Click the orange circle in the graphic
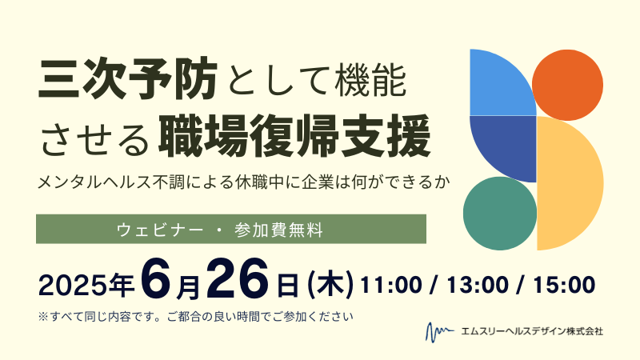point(567,85)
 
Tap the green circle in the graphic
point(500,214)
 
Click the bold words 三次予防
point(128,78)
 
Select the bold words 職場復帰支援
point(294,136)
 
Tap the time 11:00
point(391,285)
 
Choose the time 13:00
point(478,285)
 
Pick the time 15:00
point(564,285)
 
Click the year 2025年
point(86,285)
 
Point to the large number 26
point(238,278)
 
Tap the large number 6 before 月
point(156,278)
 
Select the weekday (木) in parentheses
point(330,285)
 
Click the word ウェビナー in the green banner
point(159,230)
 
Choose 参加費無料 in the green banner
point(278,230)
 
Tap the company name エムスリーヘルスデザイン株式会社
point(532,331)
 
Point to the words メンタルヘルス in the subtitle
point(94,182)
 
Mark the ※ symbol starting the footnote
point(43,316)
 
